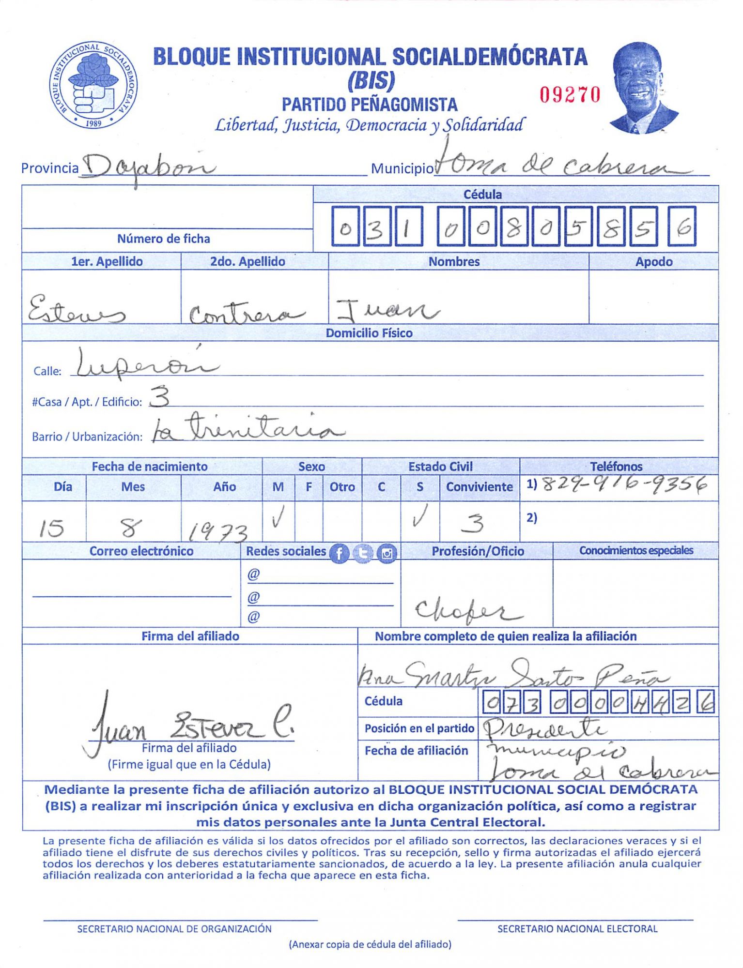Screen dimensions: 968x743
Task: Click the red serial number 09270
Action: pyautogui.click(x=570, y=95)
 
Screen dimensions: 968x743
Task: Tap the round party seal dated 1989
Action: pyautogui.click(x=93, y=85)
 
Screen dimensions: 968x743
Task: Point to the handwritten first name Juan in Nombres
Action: pyautogui.click(x=387, y=310)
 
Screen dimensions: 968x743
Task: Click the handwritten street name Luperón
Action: pyautogui.click(x=145, y=364)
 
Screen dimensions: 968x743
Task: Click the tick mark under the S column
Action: pyautogui.click(x=419, y=516)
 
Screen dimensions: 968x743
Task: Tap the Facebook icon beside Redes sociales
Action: pyautogui.click(x=339, y=553)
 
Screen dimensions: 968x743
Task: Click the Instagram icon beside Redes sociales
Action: pyautogui.click(x=387, y=553)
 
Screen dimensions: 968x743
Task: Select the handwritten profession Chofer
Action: pyautogui.click(x=467, y=611)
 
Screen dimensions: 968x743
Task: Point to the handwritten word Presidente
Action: pyautogui.click(x=545, y=727)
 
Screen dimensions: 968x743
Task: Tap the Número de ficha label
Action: pyautogui.click(x=163, y=239)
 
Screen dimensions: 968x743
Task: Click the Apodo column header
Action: pyautogui.click(x=653, y=262)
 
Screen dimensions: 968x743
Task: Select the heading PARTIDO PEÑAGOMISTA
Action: pyautogui.click(x=369, y=105)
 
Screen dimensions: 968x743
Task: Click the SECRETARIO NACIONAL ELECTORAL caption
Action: pyautogui.click(x=577, y=929)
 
